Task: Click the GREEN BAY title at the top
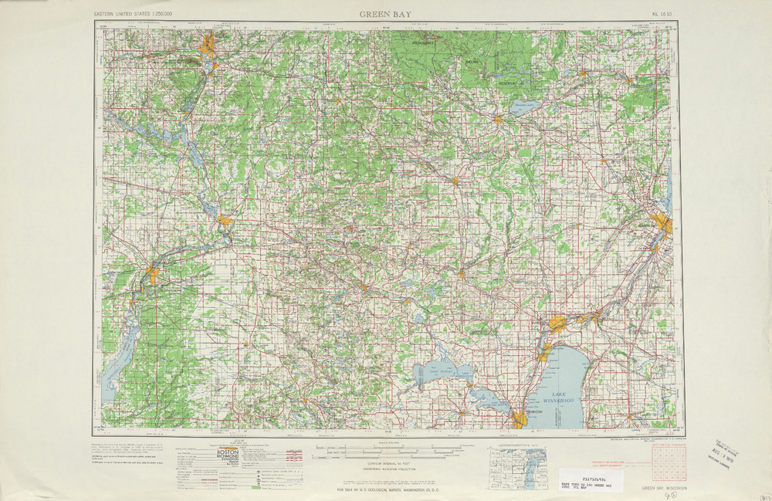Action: tap(386, 14)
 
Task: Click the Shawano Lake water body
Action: tap(524, 109)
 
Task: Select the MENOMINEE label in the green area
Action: tap(423, 44)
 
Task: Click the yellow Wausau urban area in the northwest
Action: tap(208, 46)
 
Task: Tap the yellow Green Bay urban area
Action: tap(662, 225)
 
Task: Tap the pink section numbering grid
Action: tap(671, 464)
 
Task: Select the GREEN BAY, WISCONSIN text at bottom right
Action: tap(665, 489)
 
